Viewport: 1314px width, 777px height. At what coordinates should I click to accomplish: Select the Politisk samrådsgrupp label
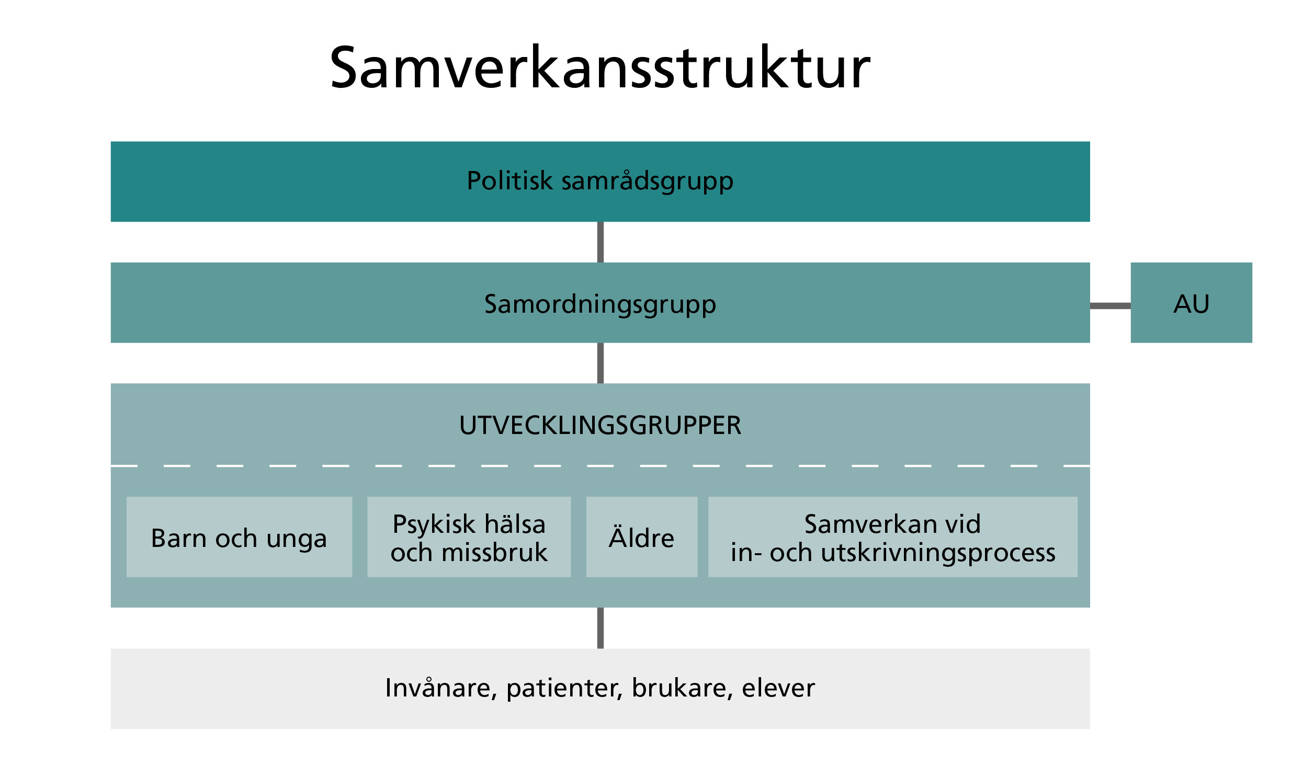point(599,181)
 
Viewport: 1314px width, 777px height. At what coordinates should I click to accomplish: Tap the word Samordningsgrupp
point(599,304)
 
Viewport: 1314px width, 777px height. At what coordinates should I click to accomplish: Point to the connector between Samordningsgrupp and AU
point(1110,306)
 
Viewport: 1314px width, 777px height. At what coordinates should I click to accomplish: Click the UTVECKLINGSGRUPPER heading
point(599,425)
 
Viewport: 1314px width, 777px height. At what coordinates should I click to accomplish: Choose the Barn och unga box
point(239,538)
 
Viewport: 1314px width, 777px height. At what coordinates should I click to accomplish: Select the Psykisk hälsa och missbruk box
point(469,538)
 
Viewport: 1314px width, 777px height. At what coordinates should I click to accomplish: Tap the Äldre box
point(641,538)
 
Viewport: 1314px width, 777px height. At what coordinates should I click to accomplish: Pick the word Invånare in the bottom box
point(440,688)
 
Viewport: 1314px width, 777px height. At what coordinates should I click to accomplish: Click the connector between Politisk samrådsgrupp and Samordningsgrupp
point(600,242)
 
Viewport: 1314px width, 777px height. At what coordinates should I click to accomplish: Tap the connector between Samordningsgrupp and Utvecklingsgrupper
point(600,363)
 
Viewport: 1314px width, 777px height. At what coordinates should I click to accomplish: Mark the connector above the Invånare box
point(600,628)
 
